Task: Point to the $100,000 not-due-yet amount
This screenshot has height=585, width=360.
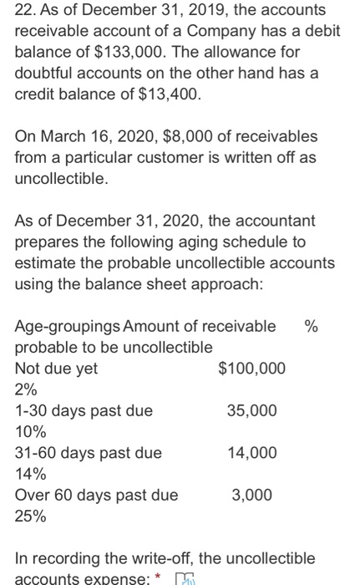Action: tap(251, 369)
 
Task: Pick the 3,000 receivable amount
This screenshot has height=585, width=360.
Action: tap(251, 495)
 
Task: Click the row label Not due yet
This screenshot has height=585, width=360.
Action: tap(57, 369)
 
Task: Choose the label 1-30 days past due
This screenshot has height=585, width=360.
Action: tap(84, 410)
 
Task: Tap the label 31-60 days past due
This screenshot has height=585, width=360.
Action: tap(89, 453)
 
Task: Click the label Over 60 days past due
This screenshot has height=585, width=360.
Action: tap(97, 495)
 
